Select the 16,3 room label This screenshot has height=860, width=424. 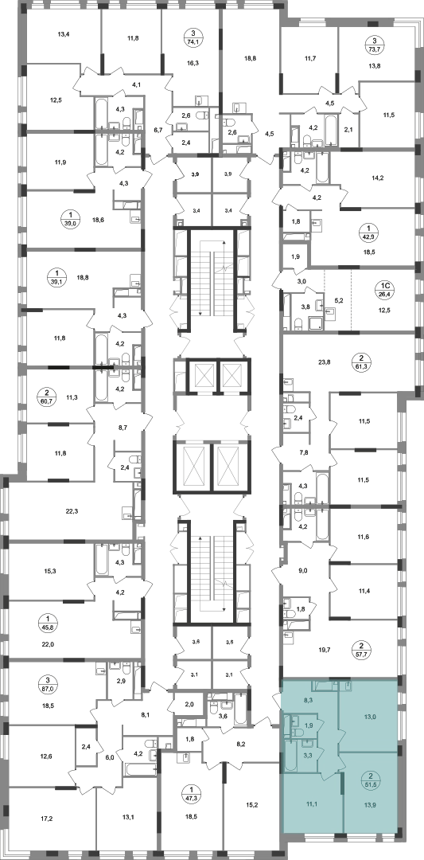[x=193, y=63]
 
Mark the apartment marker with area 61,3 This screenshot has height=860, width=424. [x=365, y=362]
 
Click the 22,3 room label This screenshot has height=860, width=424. [x=72, y=511]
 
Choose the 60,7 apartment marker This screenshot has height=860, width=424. [x=47, y=394]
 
